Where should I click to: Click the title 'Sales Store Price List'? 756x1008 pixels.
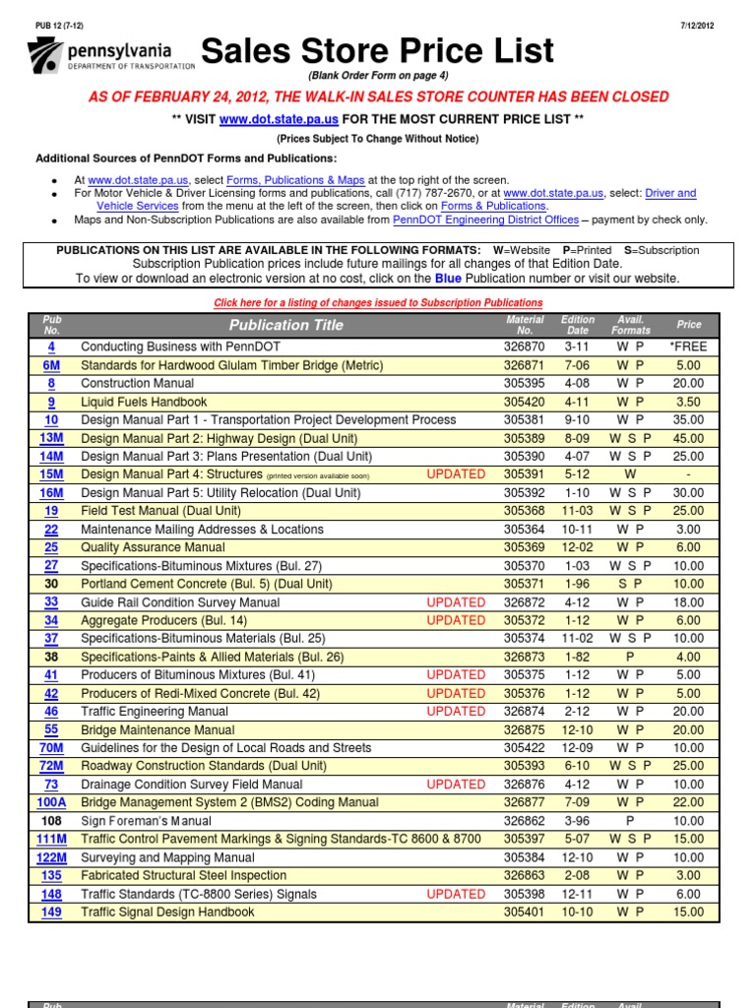point(378,51)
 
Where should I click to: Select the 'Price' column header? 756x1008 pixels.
point(689,325)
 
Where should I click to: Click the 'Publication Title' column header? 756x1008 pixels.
point(286,325)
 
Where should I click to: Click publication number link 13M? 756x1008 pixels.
point(51,438)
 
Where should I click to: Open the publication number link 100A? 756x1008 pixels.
point(51,802)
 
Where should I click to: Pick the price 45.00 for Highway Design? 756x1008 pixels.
point(689,438)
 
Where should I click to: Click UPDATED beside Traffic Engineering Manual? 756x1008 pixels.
point(456,711)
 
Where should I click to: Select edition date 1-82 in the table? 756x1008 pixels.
point(578,657)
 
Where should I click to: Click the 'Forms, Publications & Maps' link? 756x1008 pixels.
point(295,180)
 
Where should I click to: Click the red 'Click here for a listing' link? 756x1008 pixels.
point(378,302)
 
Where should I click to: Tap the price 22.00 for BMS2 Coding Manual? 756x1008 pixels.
point(689,802)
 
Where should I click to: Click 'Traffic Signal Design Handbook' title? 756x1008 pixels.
point(167,912)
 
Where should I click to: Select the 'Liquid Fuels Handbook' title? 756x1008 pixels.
point(144,402)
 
